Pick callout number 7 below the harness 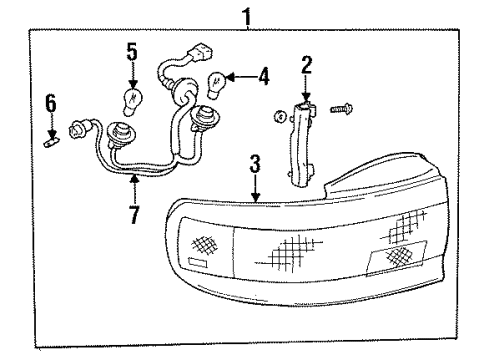pyautogui.click(x=133, y=214)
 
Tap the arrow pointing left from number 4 pyautogui.click(x=241, y=75)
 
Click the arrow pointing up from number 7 pyautogui.click(x=133, y=187)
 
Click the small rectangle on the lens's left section pyautogui.click(x=195, y=263)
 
